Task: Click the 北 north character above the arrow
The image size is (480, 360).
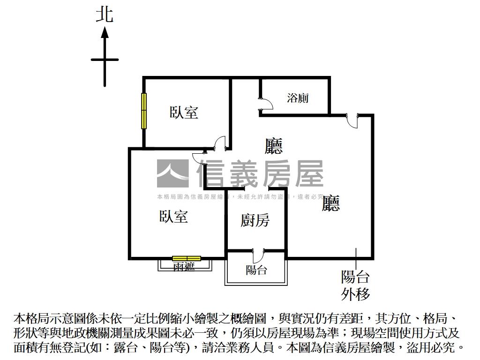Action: point(105,14)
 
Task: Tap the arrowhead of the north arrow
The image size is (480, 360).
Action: point(105,32)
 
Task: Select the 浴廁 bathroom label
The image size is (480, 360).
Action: point(298,98)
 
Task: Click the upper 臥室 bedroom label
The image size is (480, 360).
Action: point(184,112)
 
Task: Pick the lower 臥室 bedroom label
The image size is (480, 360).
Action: point(173,217)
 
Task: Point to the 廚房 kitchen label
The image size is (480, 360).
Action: point(255,220)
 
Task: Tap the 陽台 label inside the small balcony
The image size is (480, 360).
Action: point(256,270)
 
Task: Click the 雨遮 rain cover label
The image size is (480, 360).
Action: point(184,266)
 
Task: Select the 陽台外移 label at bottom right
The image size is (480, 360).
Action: point(355,285)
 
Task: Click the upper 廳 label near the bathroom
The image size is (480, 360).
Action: point(274,146)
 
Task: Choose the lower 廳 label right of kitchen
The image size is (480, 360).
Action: point(330,203)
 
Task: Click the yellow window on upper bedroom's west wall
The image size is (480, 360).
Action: point(144,111)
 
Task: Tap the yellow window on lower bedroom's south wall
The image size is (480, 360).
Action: point(187,258)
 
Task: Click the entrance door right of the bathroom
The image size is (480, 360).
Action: point(352,120)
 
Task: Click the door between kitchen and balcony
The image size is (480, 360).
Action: point(258,256)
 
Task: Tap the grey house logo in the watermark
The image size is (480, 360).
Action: point(172,173)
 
